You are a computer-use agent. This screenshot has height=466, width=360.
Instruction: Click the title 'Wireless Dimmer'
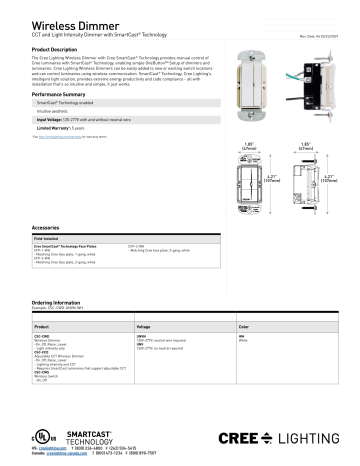pyautogui.click(x=56, y=22)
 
